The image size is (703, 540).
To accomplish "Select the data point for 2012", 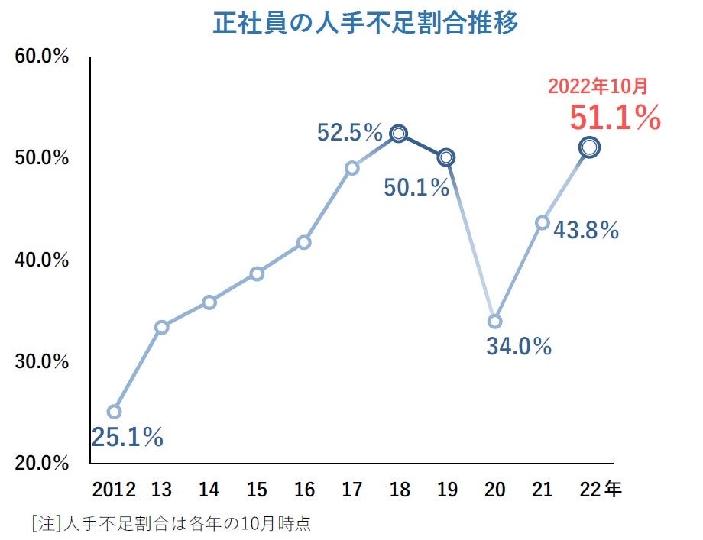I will pyautogui.click(x=114, y=412).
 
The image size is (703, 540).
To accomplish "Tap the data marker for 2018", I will pyautogui.click(x=399, y=134).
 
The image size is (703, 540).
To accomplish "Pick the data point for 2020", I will pyautogui.click(x=494, y=322).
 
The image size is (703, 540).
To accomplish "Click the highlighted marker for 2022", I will pyautogui.click(x=589, y=147).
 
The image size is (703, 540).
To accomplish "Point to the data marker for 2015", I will pyautogui.click(x=257, y=273).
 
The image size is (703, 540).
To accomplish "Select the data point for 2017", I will pyautogui.click(x=351, y=168).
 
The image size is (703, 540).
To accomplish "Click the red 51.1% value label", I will pyautogui.click(x=614, y=118).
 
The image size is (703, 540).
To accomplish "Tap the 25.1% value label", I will pyautogui.click(x=128, y=437).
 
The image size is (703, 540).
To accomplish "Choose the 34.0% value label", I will pyautogui.click(x=519, y=346).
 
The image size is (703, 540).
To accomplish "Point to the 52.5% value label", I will pyautogui.click(x=349, y=133).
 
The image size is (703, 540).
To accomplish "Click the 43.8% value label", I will pyautogui.click(x=586, y=230).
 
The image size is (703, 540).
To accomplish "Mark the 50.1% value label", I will pyautogui.click(x=416, y=187).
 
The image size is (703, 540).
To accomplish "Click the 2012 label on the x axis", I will pyautogui.click(x=114, y=490).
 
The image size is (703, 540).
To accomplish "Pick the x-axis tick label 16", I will pyautogui.click(x=304, y=490).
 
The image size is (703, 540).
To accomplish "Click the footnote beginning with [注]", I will pyautogui.click(x=171, y=524).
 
